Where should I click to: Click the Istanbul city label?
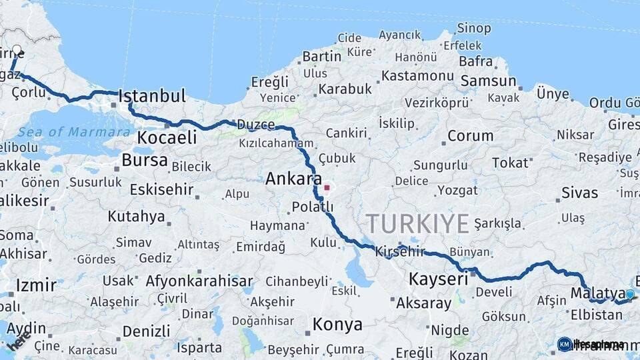click(x=152, y=96)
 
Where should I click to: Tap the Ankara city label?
click(x=293, y=179)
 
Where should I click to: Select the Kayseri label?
click(x=438, y=279)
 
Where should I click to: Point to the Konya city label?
click(x=337, y=325)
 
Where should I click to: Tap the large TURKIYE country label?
click(x=417, y=224)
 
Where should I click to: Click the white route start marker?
click(x=17, y=50)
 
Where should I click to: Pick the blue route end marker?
click(x=629, y=294)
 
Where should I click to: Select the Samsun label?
click(x=488, y=81)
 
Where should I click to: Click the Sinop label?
click(x=474, y=29)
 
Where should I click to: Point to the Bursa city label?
click(x=145, y=161)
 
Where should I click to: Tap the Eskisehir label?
click(x=161, y=190)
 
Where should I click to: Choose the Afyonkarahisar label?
click(x=199, y=281)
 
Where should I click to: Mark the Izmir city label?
click(x=35, y=285)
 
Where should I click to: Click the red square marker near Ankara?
click(x=327, y=187)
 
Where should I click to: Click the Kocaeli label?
click(x=167, y=138)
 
